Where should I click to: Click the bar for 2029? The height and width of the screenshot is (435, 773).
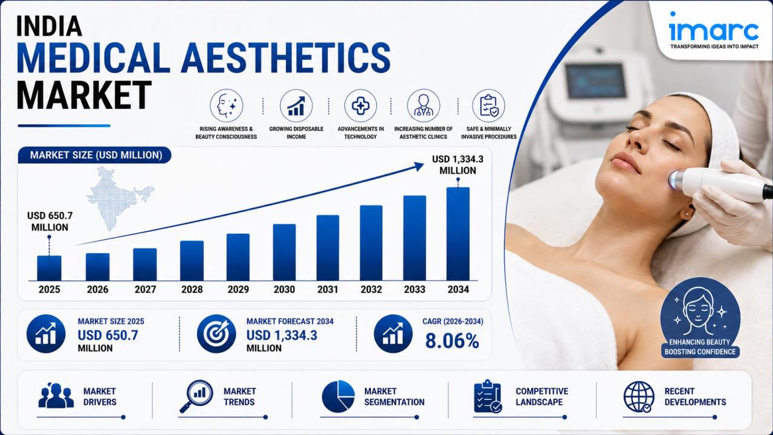238,257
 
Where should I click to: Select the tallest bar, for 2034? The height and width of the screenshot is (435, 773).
458,234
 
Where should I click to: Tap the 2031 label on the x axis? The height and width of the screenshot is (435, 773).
328,289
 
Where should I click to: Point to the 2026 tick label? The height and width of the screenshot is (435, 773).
97,289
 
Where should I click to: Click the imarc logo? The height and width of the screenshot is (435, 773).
714,30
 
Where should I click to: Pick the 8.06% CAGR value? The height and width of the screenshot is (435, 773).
452,341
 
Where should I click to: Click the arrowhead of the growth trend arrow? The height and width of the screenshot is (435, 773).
419,167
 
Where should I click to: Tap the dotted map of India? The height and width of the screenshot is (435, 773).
119,198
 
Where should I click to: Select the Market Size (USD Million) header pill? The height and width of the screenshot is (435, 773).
94,155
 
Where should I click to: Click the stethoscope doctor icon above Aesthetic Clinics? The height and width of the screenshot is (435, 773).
424,106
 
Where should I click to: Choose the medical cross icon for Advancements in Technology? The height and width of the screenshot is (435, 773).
360,106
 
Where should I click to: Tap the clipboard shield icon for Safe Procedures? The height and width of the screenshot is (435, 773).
489,106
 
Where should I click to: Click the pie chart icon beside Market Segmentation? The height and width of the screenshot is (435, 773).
338,396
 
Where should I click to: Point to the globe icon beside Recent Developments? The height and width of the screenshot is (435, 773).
639,397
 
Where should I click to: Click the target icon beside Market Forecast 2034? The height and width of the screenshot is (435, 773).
216,333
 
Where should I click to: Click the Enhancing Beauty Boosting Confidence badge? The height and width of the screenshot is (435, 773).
700,318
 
